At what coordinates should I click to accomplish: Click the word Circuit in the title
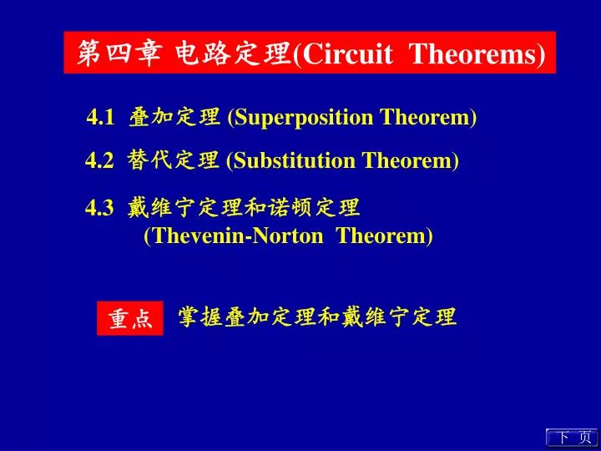click(x=347, y=53)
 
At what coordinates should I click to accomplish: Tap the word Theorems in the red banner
click(x=474, y=53)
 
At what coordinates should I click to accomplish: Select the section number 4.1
click(x=100, y=117)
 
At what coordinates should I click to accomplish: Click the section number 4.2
click(x=99, y=160)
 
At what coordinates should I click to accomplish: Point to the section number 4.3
click(x=99, y=208)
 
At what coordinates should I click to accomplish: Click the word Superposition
click(x=303, y=118)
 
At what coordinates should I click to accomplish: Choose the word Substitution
click(x=294, y=160)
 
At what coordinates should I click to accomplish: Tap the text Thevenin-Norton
click(x=238, y=236)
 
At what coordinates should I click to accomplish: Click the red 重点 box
click(x=130, y=318)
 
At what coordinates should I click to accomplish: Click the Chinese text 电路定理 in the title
click(x=233, y=53)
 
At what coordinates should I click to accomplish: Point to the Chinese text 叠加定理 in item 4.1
click(x=174, y=117)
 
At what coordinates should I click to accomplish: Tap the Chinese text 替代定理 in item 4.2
click(x=174, y=160)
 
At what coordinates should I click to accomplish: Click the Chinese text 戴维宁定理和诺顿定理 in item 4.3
click(x=244, y=207)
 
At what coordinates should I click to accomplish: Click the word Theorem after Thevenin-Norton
click(x=381, y=236)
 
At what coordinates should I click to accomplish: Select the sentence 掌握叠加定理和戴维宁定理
click(x=317, y=317)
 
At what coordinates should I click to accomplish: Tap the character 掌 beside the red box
click(x=189, y=317)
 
